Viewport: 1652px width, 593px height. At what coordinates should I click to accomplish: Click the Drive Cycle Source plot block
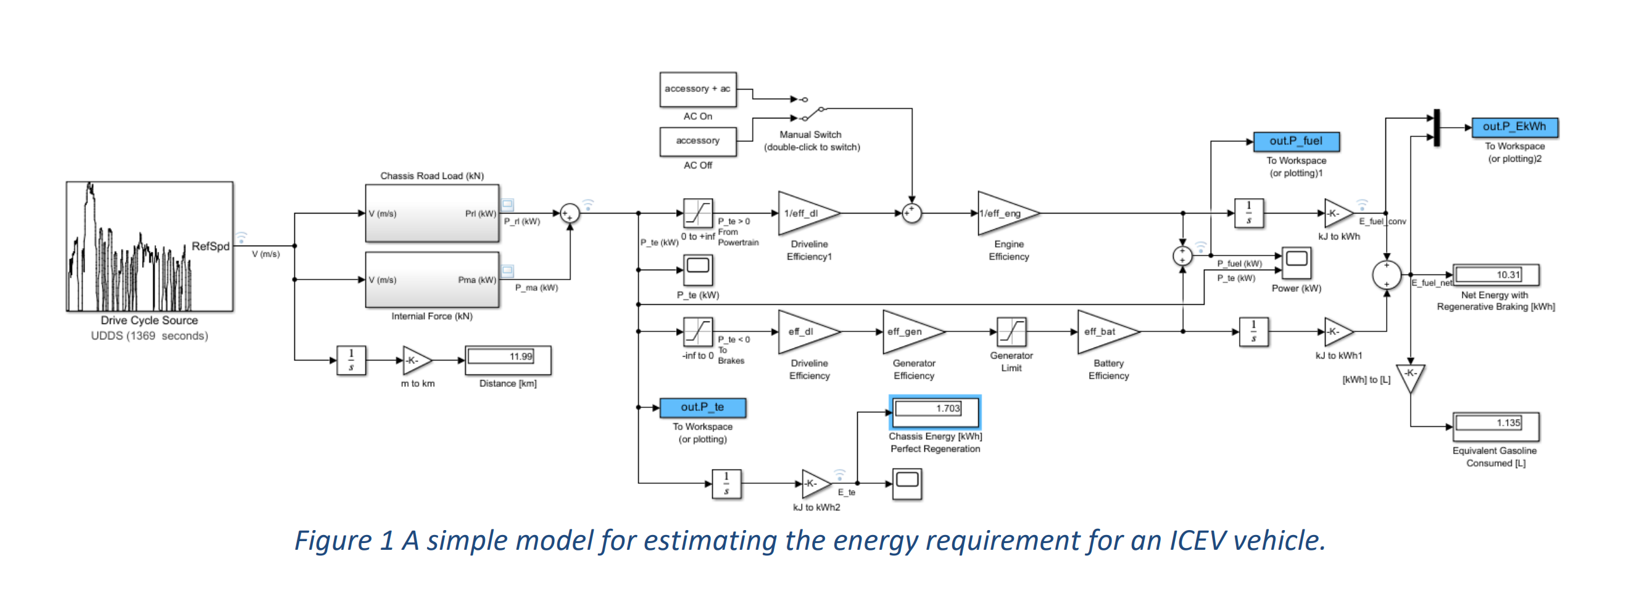149,247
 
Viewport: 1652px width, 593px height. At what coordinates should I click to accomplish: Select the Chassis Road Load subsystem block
431,214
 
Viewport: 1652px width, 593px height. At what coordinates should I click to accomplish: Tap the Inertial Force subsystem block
431,280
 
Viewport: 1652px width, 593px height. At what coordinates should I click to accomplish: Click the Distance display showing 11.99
507,360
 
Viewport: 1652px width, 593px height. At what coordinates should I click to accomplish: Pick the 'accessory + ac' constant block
698,89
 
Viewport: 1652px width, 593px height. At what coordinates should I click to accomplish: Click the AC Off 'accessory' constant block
698,141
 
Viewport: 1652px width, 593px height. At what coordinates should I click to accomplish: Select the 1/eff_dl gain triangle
805,214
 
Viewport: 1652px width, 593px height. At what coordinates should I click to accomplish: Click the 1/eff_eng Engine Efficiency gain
1004,214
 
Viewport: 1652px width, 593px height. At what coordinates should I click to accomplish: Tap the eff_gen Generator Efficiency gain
910,331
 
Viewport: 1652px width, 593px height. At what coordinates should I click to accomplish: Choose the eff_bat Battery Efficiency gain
1105,331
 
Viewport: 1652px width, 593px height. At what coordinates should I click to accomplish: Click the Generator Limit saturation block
1011,331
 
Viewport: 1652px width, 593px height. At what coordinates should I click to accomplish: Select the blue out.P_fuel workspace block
1296,141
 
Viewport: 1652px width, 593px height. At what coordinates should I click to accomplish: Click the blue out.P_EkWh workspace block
1514,127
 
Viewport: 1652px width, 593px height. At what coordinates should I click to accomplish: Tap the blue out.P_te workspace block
702,407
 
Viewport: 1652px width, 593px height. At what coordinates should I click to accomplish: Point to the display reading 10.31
1495,275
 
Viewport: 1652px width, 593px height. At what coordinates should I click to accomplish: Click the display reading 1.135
1495,425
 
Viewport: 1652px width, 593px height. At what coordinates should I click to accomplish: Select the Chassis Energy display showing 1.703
934,411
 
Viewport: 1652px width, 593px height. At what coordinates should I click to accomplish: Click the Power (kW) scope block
1296,262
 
